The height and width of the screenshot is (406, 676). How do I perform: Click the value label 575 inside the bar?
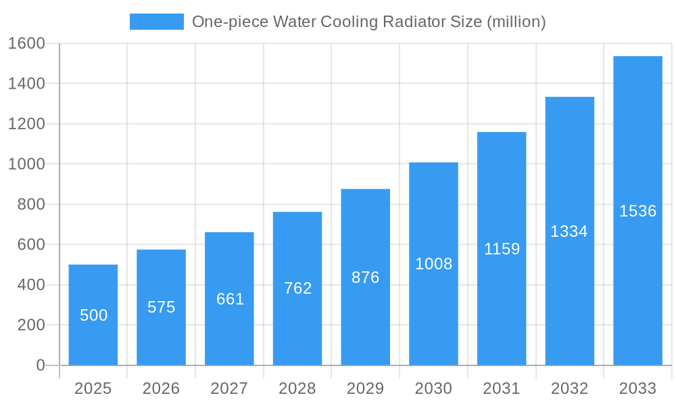pyautogui.click(x=161, y=307)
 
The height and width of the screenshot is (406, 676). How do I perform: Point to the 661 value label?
pyautogui.click(x=230, y=299)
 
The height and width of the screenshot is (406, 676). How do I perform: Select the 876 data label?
pyautogui.click(x=365, y=277)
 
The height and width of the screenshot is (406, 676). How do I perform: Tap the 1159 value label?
pyautogui.click(x=502, y=249)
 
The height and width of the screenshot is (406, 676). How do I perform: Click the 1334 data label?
pyautogui.click(x=569, y=231)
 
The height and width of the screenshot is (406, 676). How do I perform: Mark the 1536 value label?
pyautogui.click(x=637, y=211)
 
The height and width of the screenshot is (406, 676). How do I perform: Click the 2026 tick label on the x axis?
pyautogui.click(x=161, y=388)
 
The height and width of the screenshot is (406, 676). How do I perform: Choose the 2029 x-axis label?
pyautogui.click(x=365, y=388)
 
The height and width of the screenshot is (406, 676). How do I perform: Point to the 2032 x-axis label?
pyautogui.click(x=569, y=388)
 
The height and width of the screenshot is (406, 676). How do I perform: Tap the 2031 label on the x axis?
pyautogui.click(x=502, y=388)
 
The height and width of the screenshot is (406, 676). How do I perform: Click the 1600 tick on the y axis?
pyautogui.click(x=26, y=43)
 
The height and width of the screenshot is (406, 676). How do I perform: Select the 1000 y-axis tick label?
pyautogui.click(x=26, y=164)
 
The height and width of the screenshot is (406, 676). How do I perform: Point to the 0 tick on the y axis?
pyautogui.click(x=40, y=365)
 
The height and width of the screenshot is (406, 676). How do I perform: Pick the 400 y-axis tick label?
pyautogui.click(x=30, y=285)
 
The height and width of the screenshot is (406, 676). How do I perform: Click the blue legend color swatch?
pyautogui.click(x=156, y=22)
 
